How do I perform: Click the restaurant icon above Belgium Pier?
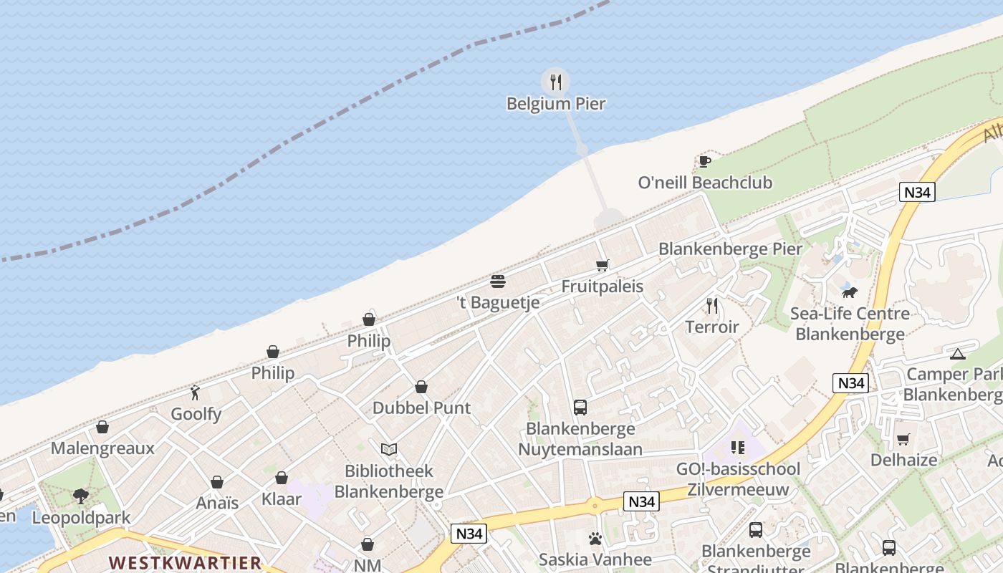(x=555, y=82)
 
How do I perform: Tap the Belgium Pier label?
(x=556, y=104)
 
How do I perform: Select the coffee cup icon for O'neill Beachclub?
(x=704, y=161)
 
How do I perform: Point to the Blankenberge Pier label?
(x=731, y=249)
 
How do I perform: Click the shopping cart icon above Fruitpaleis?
(x=603, y=266)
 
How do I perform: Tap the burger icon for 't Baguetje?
(x=498, y=281)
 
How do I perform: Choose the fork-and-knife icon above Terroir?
(x=712, y=306)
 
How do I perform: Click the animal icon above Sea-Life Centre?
(x=850, y=292)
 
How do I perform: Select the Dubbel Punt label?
(x=421, y=408)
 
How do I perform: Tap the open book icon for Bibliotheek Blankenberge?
(x=389, y=449)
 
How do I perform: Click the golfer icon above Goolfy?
(x=196, y=393)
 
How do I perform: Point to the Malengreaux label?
(x=102, y=449)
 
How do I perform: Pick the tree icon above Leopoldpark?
(x=81, y=496)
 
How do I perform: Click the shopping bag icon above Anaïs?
(x=217, y=482)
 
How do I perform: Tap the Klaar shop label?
(x=282, y=499)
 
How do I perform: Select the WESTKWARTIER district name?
(x=185, y=562)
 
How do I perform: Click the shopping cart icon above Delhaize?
(x=903, y=439)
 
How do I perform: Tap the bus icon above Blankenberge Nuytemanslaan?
(x=580, y=408)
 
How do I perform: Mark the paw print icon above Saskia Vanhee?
(x=595, y=539)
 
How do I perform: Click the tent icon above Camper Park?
(x=958, y=354)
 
